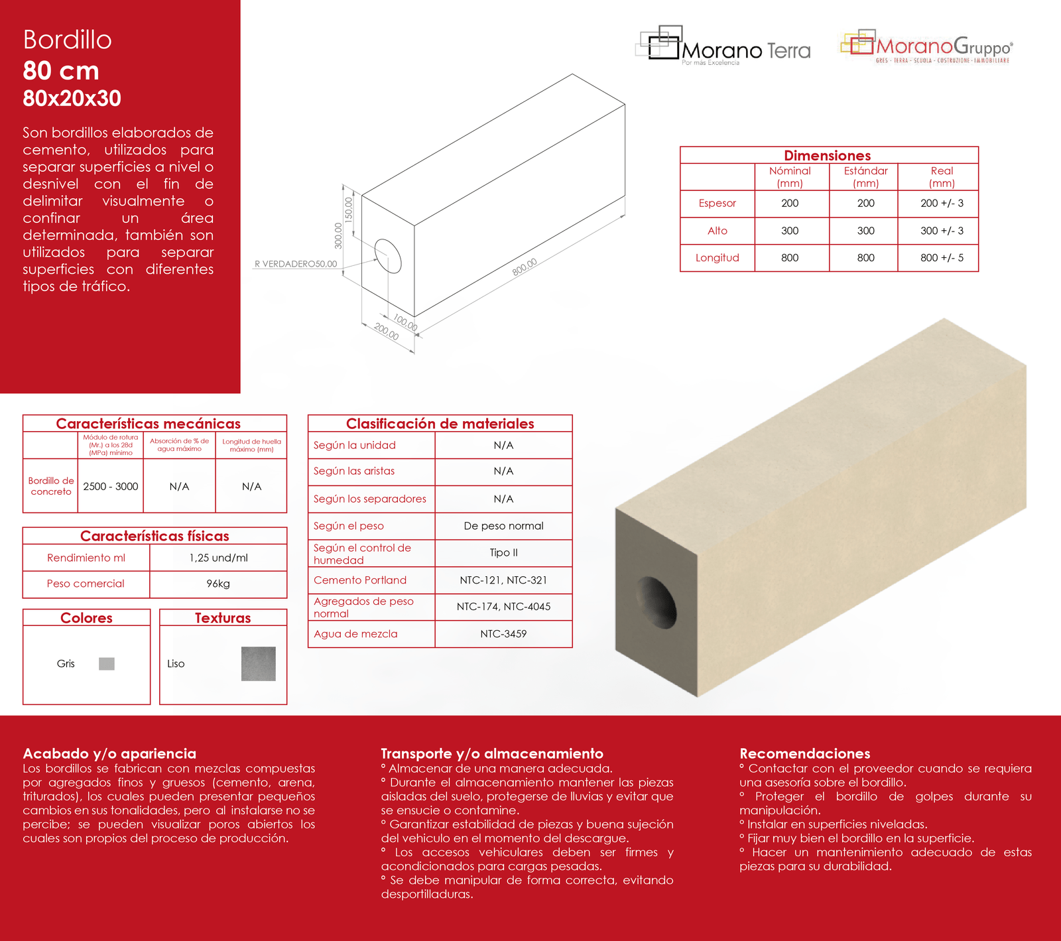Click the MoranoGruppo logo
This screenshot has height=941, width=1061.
[x=926, y=46]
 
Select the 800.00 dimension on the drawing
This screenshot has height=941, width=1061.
[x=525, y=267]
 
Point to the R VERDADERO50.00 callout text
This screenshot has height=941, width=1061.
[x=296, y=264]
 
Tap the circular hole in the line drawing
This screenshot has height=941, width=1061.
[x=388, y=256]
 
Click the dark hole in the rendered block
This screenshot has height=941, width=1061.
[x=656, y=603]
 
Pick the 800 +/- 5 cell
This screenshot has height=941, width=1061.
[x=942, y=258]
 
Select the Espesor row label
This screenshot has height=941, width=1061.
[x=717, y=204]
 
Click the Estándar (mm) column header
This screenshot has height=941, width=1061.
[x=865, y=177]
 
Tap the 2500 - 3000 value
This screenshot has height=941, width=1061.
[x=111, y=487]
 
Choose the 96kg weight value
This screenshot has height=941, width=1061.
[x=218, y=584]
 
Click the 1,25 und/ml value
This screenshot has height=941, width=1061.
[x=218, y=558]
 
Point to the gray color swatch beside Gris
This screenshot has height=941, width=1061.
[x=107, y=664]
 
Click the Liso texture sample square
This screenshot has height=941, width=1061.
[x=258, y=664]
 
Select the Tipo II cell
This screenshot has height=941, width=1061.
[x=503, y=553]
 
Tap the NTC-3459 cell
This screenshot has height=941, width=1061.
[x=503, y=634]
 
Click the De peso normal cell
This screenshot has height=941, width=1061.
[x=503, y=526]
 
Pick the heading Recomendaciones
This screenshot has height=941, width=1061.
[x=804, y=753]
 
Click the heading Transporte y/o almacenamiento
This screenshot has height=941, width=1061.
[x=492, y=753]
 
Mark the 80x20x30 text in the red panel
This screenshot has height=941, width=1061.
[x=72, y=99]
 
